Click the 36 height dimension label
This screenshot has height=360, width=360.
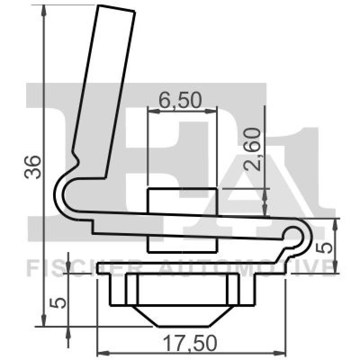(x=34, y=167)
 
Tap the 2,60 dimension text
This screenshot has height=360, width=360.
(x=252, y=149)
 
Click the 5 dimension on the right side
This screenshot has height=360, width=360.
(x=327, y=246)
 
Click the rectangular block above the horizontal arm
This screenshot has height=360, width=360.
(x=183, y=201)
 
